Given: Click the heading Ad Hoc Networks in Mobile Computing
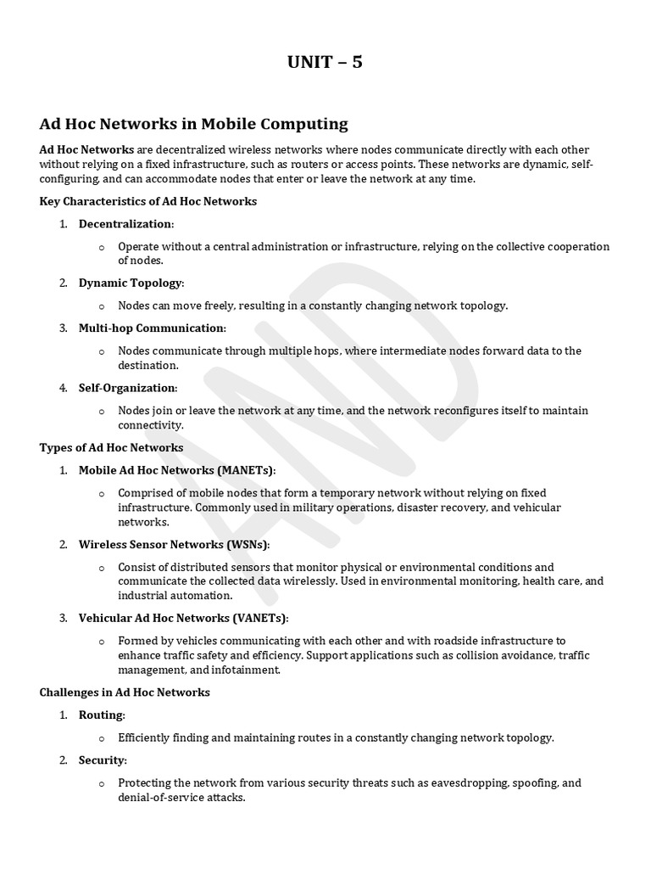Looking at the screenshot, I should [x=193, y=124].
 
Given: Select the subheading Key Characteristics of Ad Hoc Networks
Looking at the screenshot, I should [x=148, y=201].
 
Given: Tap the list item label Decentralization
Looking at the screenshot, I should [x=125, y=224].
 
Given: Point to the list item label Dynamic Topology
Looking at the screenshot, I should [x=131, y=283].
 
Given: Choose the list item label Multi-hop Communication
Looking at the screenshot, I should [x=152, y=328].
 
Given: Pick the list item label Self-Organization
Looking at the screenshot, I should [x=127, y=388].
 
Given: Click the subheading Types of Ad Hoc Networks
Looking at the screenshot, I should [x=111, y=447].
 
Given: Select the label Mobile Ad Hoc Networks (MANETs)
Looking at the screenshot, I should [x=176, y=470].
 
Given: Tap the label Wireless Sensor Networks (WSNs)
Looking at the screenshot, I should [x=174, y=544].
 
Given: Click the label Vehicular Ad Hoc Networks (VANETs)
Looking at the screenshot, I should [x=183, y=618].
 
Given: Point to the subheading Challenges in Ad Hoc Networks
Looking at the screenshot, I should [x=125, y=692].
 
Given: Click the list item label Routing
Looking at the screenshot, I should [x=101, y=715].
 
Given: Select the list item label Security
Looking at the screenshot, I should [x=102, y=760].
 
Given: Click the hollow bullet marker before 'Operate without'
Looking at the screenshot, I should [x=101, y=247].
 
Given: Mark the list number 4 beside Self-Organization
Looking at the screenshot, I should [x=64, y=388].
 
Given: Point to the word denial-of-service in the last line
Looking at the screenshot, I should [x=164, y=799].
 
